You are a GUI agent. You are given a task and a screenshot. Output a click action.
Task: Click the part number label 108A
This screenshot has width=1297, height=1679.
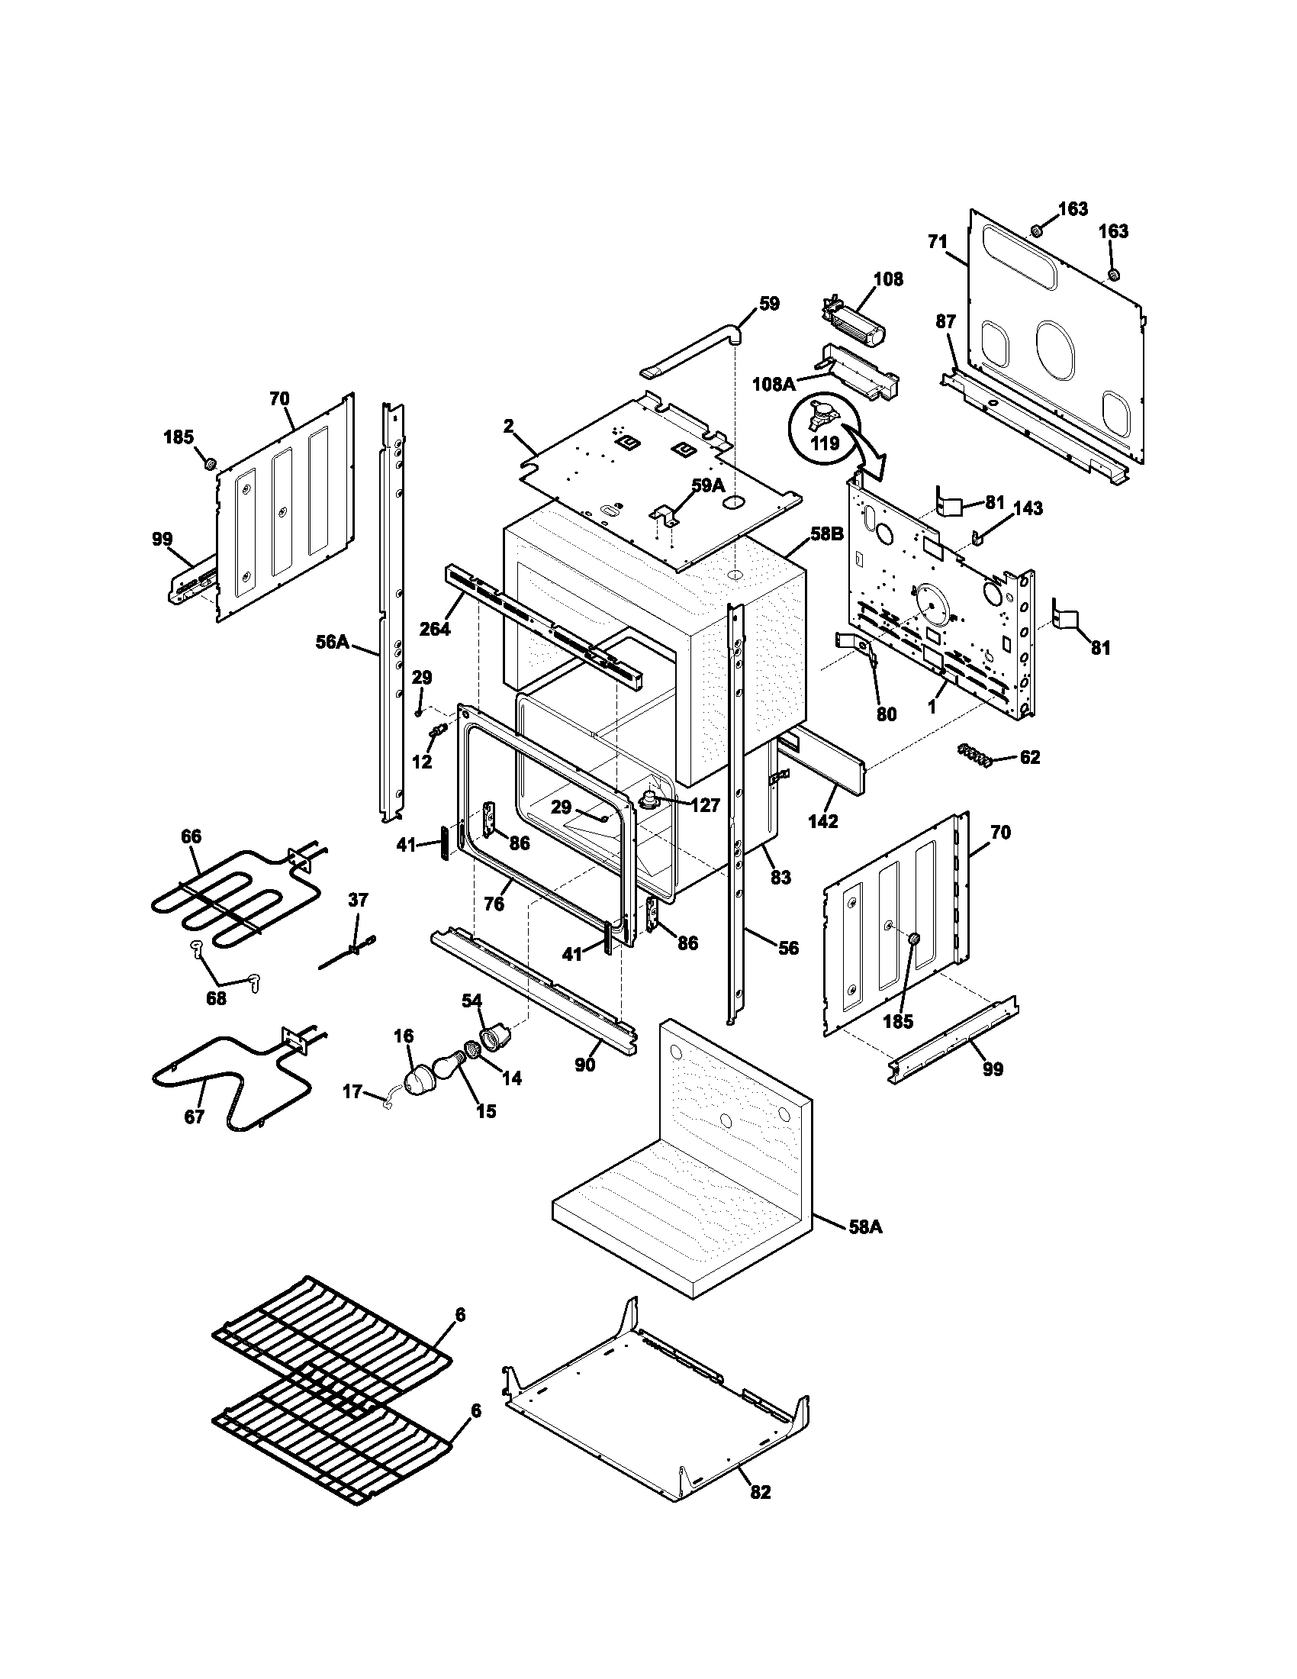774,383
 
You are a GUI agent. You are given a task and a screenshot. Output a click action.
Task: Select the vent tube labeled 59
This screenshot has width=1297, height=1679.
691,350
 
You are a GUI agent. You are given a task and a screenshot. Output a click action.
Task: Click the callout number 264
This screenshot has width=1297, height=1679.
435,629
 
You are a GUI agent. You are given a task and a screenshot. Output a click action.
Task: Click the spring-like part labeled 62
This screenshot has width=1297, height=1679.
974,754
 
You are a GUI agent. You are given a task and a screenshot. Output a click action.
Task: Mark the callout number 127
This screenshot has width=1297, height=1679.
706,805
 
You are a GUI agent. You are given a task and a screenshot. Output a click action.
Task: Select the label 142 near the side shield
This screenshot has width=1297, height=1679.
823,821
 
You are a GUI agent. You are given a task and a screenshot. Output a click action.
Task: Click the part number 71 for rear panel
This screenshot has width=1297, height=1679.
938,241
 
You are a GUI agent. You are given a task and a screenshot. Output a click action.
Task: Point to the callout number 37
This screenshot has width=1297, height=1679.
358,900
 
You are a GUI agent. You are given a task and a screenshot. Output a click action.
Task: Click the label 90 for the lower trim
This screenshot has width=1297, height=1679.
584,1065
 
